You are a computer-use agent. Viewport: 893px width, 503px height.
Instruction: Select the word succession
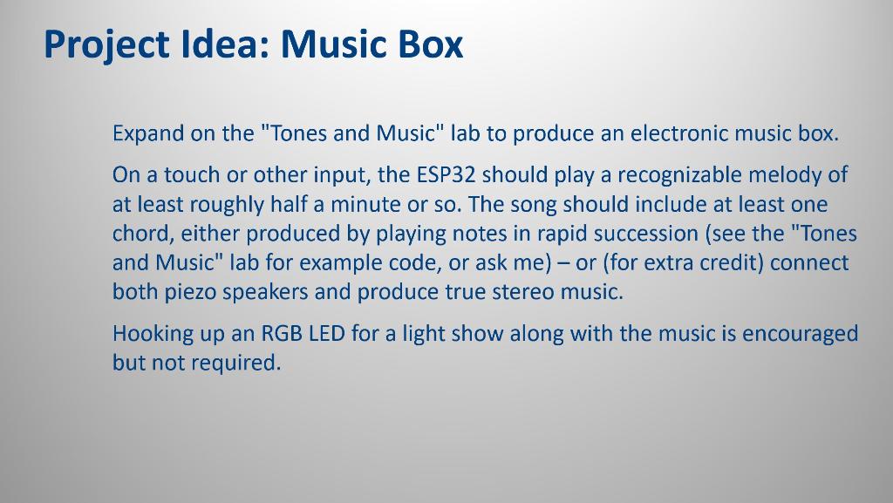coord(645,234)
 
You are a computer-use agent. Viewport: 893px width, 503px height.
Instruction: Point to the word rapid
coord(563,234)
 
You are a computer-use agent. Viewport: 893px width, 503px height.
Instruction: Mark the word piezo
coord(191,292)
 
